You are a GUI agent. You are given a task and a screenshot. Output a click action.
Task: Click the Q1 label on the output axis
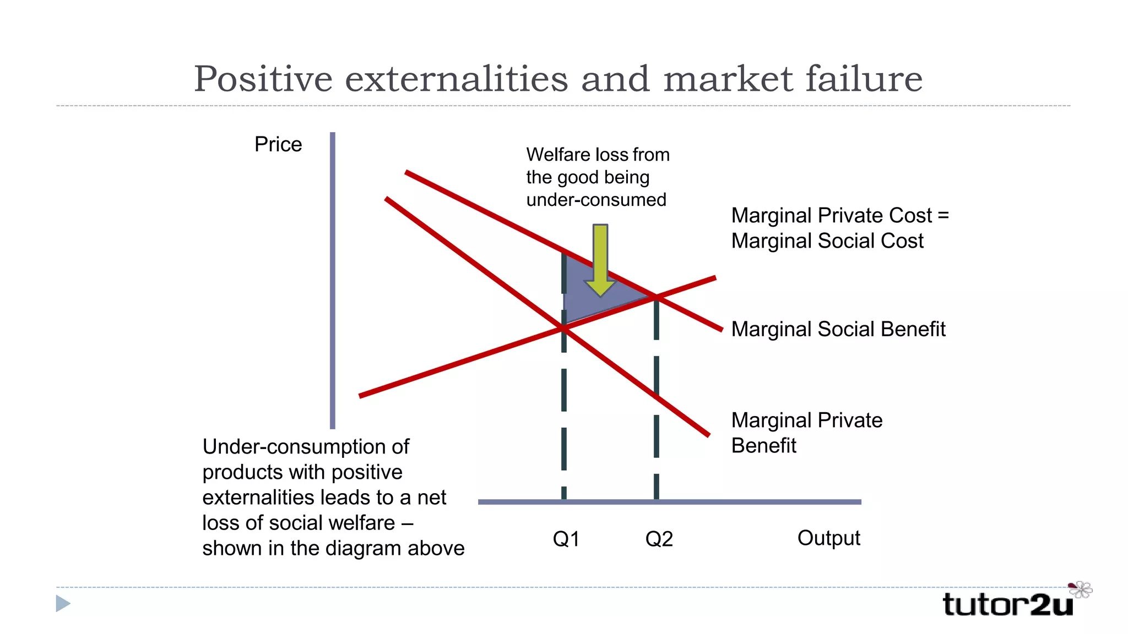566,539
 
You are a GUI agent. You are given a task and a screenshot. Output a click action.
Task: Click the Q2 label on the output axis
659,539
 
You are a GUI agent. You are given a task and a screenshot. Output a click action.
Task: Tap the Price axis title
278,145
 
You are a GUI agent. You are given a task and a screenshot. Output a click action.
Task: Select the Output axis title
828,538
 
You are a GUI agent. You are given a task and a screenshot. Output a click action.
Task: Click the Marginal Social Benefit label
838,329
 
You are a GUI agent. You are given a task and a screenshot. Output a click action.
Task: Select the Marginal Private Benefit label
806,433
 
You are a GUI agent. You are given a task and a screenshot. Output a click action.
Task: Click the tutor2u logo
1008,604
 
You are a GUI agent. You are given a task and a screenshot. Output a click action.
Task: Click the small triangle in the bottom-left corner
63,604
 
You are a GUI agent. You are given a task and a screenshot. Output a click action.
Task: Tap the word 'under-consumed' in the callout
596,200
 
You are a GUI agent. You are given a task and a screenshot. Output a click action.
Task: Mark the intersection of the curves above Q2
656,298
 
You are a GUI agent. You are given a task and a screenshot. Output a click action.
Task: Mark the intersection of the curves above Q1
564,329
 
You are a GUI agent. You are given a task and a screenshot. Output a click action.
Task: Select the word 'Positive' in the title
263,79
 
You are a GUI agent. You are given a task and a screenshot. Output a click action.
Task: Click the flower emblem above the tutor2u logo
1081,589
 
